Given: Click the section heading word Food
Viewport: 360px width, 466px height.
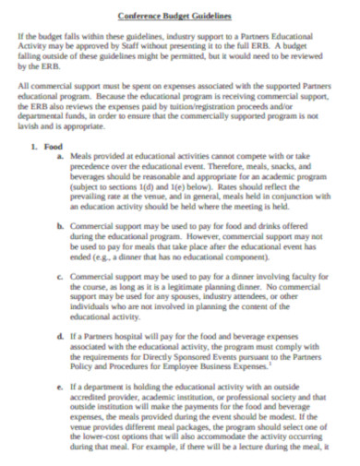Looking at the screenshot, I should click(x=54, y=147).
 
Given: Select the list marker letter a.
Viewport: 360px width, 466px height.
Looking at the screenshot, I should click(x=60, y=158).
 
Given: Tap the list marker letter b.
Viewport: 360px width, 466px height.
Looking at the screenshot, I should click(x=60, y=225).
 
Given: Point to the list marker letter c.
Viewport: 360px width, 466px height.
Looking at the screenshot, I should click(x=60, y=275).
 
